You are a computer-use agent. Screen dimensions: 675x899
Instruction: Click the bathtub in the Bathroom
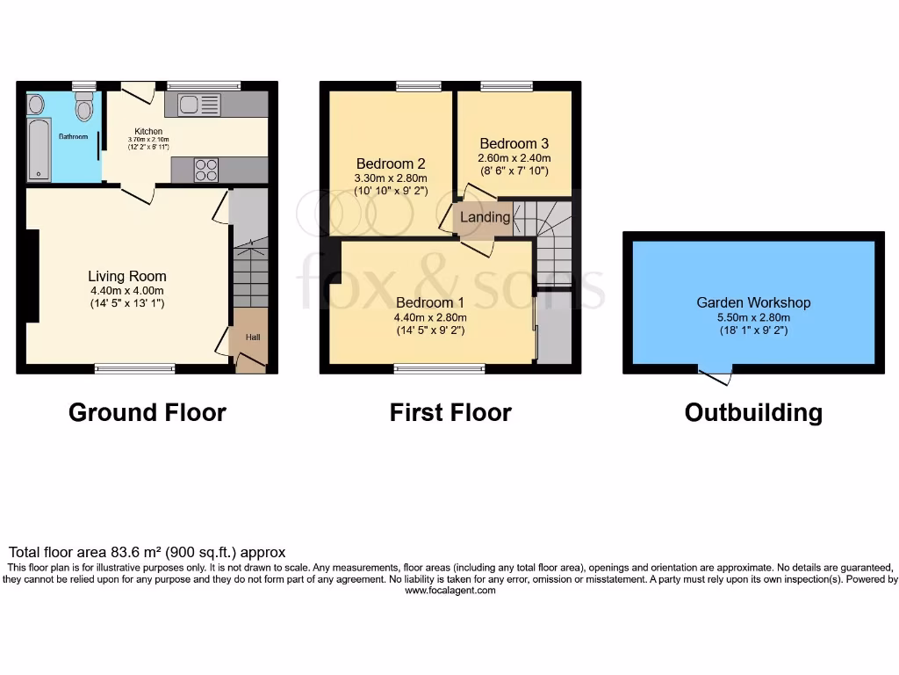[x=40, y=150]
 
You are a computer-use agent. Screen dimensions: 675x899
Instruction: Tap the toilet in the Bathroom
[x=84, y=109]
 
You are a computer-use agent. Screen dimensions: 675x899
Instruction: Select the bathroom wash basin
[x=36, y=105]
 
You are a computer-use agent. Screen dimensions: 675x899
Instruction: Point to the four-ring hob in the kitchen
[x=205, y=169]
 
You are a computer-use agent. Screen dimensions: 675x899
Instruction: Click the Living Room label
[x=126, y=276]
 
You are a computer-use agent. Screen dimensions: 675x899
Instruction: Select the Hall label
[x=252, y=337]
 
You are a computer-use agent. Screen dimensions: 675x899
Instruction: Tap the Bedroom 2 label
[x=391, y=163]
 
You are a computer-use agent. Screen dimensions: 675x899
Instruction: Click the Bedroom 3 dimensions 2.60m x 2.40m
[x=514, y=159]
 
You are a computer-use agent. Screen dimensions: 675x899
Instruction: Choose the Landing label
[x=485, y=217]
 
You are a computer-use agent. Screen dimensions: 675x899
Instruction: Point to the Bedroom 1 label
[x=429, y=303]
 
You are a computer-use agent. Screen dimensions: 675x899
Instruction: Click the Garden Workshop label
[x=753, y=302]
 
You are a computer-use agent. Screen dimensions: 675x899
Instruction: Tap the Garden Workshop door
[x=716, y=376]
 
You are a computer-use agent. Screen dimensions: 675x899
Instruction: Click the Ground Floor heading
[x=147, y=412]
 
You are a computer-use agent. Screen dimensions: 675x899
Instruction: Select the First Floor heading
[x=450, y=412]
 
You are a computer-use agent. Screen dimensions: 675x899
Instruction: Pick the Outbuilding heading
[x=753, y=412]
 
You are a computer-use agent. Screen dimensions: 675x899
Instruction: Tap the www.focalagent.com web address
[x=449, y=591]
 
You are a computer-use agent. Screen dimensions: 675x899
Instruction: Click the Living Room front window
[x=134, y=369]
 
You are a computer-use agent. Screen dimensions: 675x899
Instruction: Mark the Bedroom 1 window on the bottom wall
[x=439, y=369]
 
